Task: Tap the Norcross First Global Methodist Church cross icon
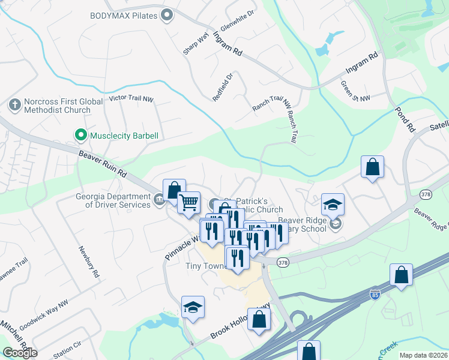[x=14, y=106]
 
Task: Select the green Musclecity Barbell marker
[x=79, y=136]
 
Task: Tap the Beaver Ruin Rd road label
[x=103, y=164]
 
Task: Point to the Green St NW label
[x=355, y=91]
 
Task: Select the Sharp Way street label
[x=195, y=44]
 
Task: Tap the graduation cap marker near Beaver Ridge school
[x=333, y=204]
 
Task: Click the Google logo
[x=20, y=352]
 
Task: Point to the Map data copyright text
[x=423, y=355]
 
